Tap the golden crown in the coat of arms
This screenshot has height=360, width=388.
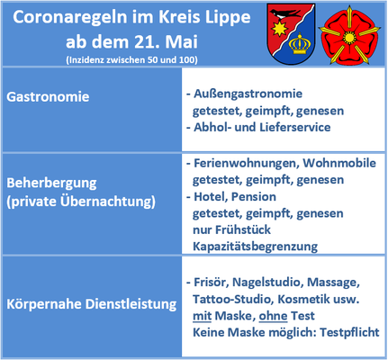click(299, 43)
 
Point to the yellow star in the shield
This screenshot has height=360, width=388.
click(279, 29)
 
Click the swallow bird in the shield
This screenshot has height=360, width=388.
click(285, 13)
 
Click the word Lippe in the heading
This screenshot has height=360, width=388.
click(228, 18)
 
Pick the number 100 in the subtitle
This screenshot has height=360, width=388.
click(187, 60)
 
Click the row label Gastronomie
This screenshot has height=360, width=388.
click(48, 97)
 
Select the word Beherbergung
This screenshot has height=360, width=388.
click(51, 184)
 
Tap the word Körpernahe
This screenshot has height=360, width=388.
click(44, 304)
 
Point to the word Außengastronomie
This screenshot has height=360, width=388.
click(248, 94)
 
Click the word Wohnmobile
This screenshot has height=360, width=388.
click(339, 163)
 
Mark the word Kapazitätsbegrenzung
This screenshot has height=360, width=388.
click(255, 247)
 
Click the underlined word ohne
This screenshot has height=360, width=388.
click(273, 316)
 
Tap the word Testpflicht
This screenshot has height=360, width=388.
click(349, 333)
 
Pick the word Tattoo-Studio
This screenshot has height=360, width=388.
click(232, 299)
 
